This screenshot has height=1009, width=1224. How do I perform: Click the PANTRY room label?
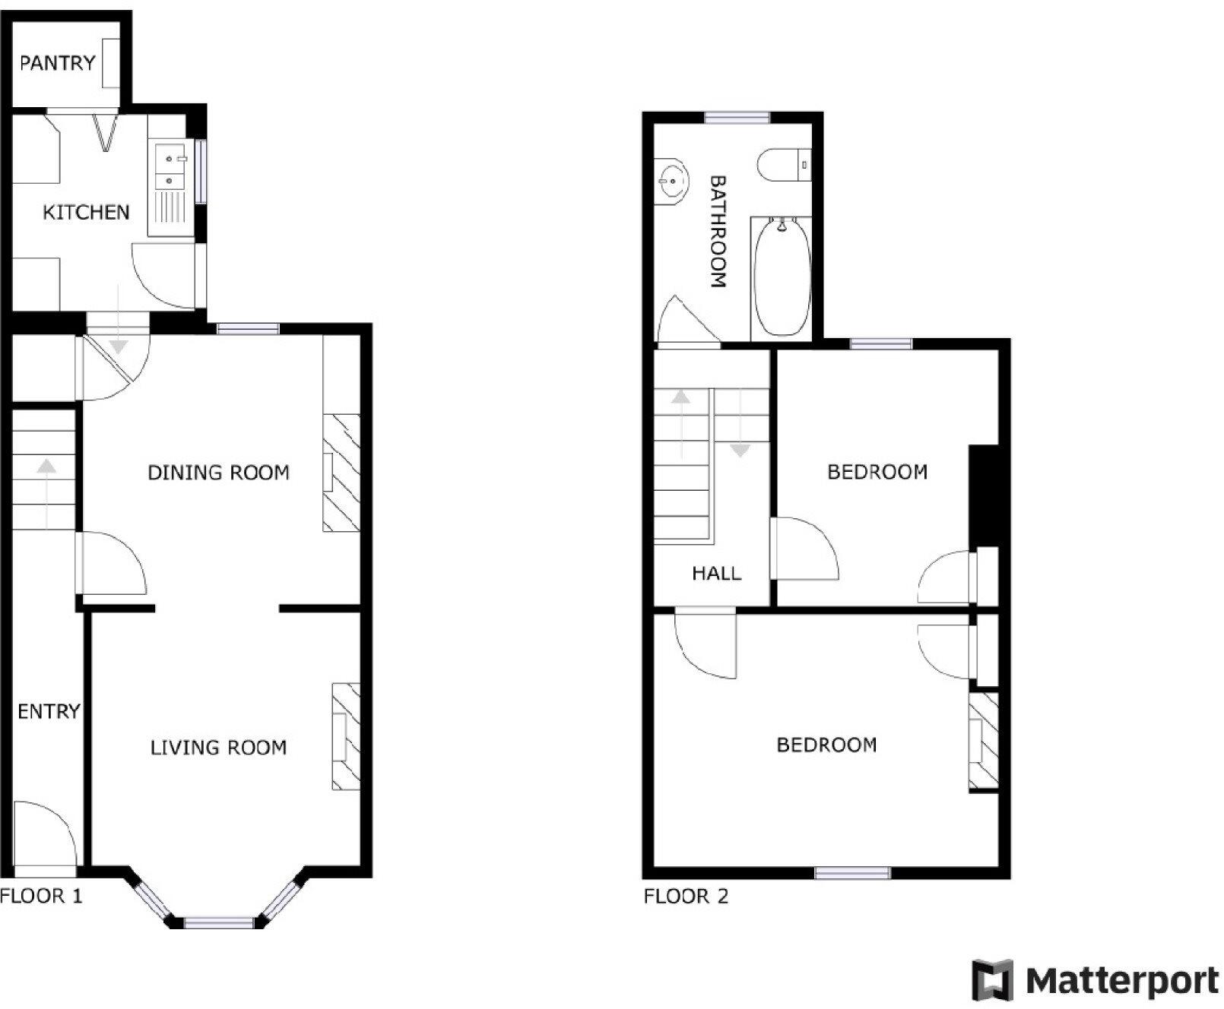(x=58, y=63)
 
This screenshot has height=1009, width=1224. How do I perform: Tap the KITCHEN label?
(x=86, y=212)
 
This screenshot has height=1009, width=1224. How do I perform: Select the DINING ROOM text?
(x=218, y=473)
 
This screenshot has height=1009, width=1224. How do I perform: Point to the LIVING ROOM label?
(x=218, y=748)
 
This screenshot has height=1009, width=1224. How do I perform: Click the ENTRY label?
(x=49, y=711)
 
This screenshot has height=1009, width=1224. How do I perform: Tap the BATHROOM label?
(x=718, y=232)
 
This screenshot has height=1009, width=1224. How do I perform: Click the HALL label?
(x=716, y=573)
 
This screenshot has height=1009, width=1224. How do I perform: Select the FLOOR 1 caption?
(x=41, y=896)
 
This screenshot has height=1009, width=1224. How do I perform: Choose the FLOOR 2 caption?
(x=686, y=897)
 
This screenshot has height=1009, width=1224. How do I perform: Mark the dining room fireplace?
(x=341, y=473)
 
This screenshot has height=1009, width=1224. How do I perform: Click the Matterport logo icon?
(x=993, y=980)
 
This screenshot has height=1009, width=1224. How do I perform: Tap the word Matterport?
(x=1121, y=981)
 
